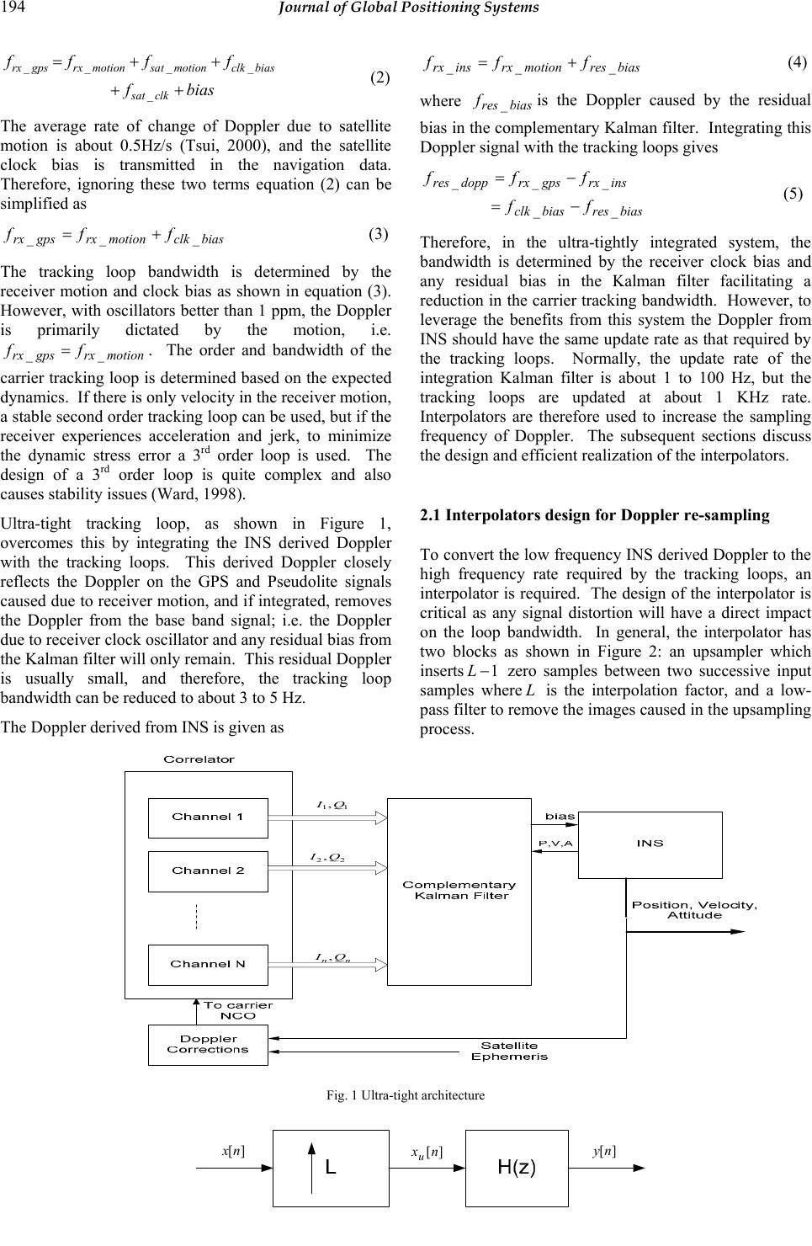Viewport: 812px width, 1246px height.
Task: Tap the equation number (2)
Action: [x=380, y=78]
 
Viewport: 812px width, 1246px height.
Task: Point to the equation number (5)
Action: [x=793, y=194]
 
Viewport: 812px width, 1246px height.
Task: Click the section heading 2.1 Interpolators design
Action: [x=595, y=515]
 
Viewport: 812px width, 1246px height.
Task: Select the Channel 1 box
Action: [x=208, y=817]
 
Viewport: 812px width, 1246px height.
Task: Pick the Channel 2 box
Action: [x=208, y=871]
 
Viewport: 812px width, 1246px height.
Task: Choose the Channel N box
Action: [x=208, y=965]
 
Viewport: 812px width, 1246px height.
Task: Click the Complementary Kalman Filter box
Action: [x=459, y=891]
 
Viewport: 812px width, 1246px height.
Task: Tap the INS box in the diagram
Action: [x=650, y=844]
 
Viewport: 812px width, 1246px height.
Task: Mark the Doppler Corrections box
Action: [x=208, y=1045]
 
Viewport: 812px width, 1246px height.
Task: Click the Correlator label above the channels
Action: [x=199, y=759]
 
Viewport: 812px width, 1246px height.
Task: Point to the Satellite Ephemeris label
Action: [x=509, y=1051]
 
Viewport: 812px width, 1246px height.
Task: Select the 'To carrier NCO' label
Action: [x=237, y=1010]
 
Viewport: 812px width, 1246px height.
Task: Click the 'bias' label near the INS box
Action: [x=560, y=816]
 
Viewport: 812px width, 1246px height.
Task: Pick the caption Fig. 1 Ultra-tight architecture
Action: [x=406, y=1095]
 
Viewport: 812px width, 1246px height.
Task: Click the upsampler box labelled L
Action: [x=331, y=1168]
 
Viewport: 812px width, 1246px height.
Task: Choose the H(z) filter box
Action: [x=517, y=1168]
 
